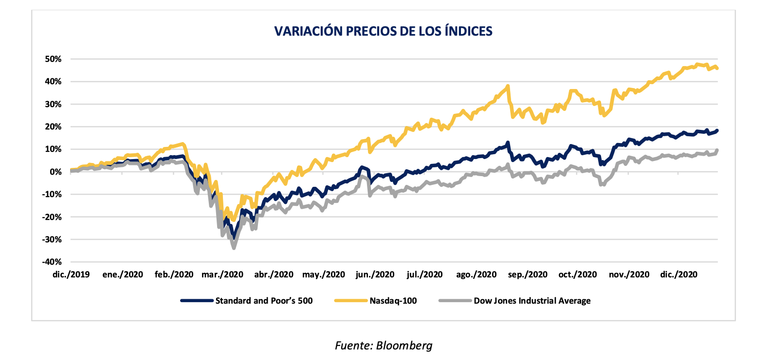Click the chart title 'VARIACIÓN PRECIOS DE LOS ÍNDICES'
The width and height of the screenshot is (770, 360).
coord(383,31)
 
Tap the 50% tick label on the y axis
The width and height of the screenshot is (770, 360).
coord(53,59)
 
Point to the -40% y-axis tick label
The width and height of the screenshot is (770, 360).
coord(52,262)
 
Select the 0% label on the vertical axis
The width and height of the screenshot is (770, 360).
coord(55,172)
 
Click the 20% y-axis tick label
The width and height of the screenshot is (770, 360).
coord(53,126)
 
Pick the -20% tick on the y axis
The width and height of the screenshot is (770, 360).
coord(52,217)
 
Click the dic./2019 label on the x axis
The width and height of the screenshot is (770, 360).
coord(71,274)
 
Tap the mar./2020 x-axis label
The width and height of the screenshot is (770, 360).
coord(222,274)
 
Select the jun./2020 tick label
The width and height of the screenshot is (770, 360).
coord(375,274)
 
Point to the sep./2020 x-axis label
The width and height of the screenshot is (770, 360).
coord(528,274)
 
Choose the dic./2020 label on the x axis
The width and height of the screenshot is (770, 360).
coord(678,274)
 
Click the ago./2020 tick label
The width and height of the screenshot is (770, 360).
coord(476,274)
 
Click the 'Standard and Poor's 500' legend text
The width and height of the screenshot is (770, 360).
coord(264,301)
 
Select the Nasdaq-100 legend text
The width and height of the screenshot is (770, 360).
coord(393,301)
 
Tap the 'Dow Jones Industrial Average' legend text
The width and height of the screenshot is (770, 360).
coord(532,301)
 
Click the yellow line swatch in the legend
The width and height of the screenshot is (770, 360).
coord(350,301)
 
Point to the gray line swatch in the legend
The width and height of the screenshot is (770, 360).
coord(455,301)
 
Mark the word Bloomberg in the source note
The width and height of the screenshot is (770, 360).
coord(404,345)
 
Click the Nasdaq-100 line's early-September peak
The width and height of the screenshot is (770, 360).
coord(508,86)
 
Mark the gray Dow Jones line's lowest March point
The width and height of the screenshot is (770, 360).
coord(234,248)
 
